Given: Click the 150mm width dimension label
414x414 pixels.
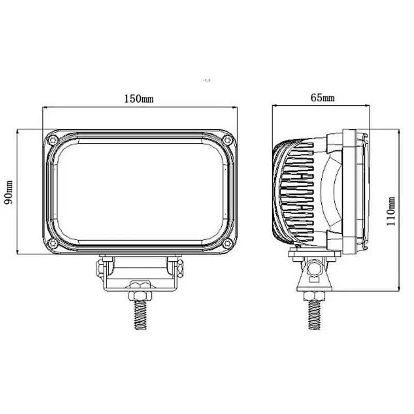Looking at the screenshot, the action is pyautogui.click(x=139, y=99).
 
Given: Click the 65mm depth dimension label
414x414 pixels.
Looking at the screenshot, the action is pyautogui.click(x=322, y=98).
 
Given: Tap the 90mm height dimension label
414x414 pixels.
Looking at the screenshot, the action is pyautogui.click(x=8, y=193).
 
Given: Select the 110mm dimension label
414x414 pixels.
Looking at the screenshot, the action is pyautogui.click(x=391, y=211).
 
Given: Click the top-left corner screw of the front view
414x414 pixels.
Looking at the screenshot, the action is pyautogui.click(x=53, y=140).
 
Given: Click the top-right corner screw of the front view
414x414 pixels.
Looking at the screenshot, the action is pyautogui.click(x=227, y=140).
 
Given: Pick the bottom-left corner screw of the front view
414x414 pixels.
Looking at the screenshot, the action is pyautogui.click(x=53, y=243).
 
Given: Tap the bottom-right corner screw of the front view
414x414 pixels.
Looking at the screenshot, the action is pyautogui.click(x=227, y=243).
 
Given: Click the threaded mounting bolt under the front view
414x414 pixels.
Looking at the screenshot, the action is pyautogui.click(x=140, y=316).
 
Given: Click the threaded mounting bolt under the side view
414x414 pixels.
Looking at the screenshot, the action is pyautogui.click(x=314, y=316).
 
